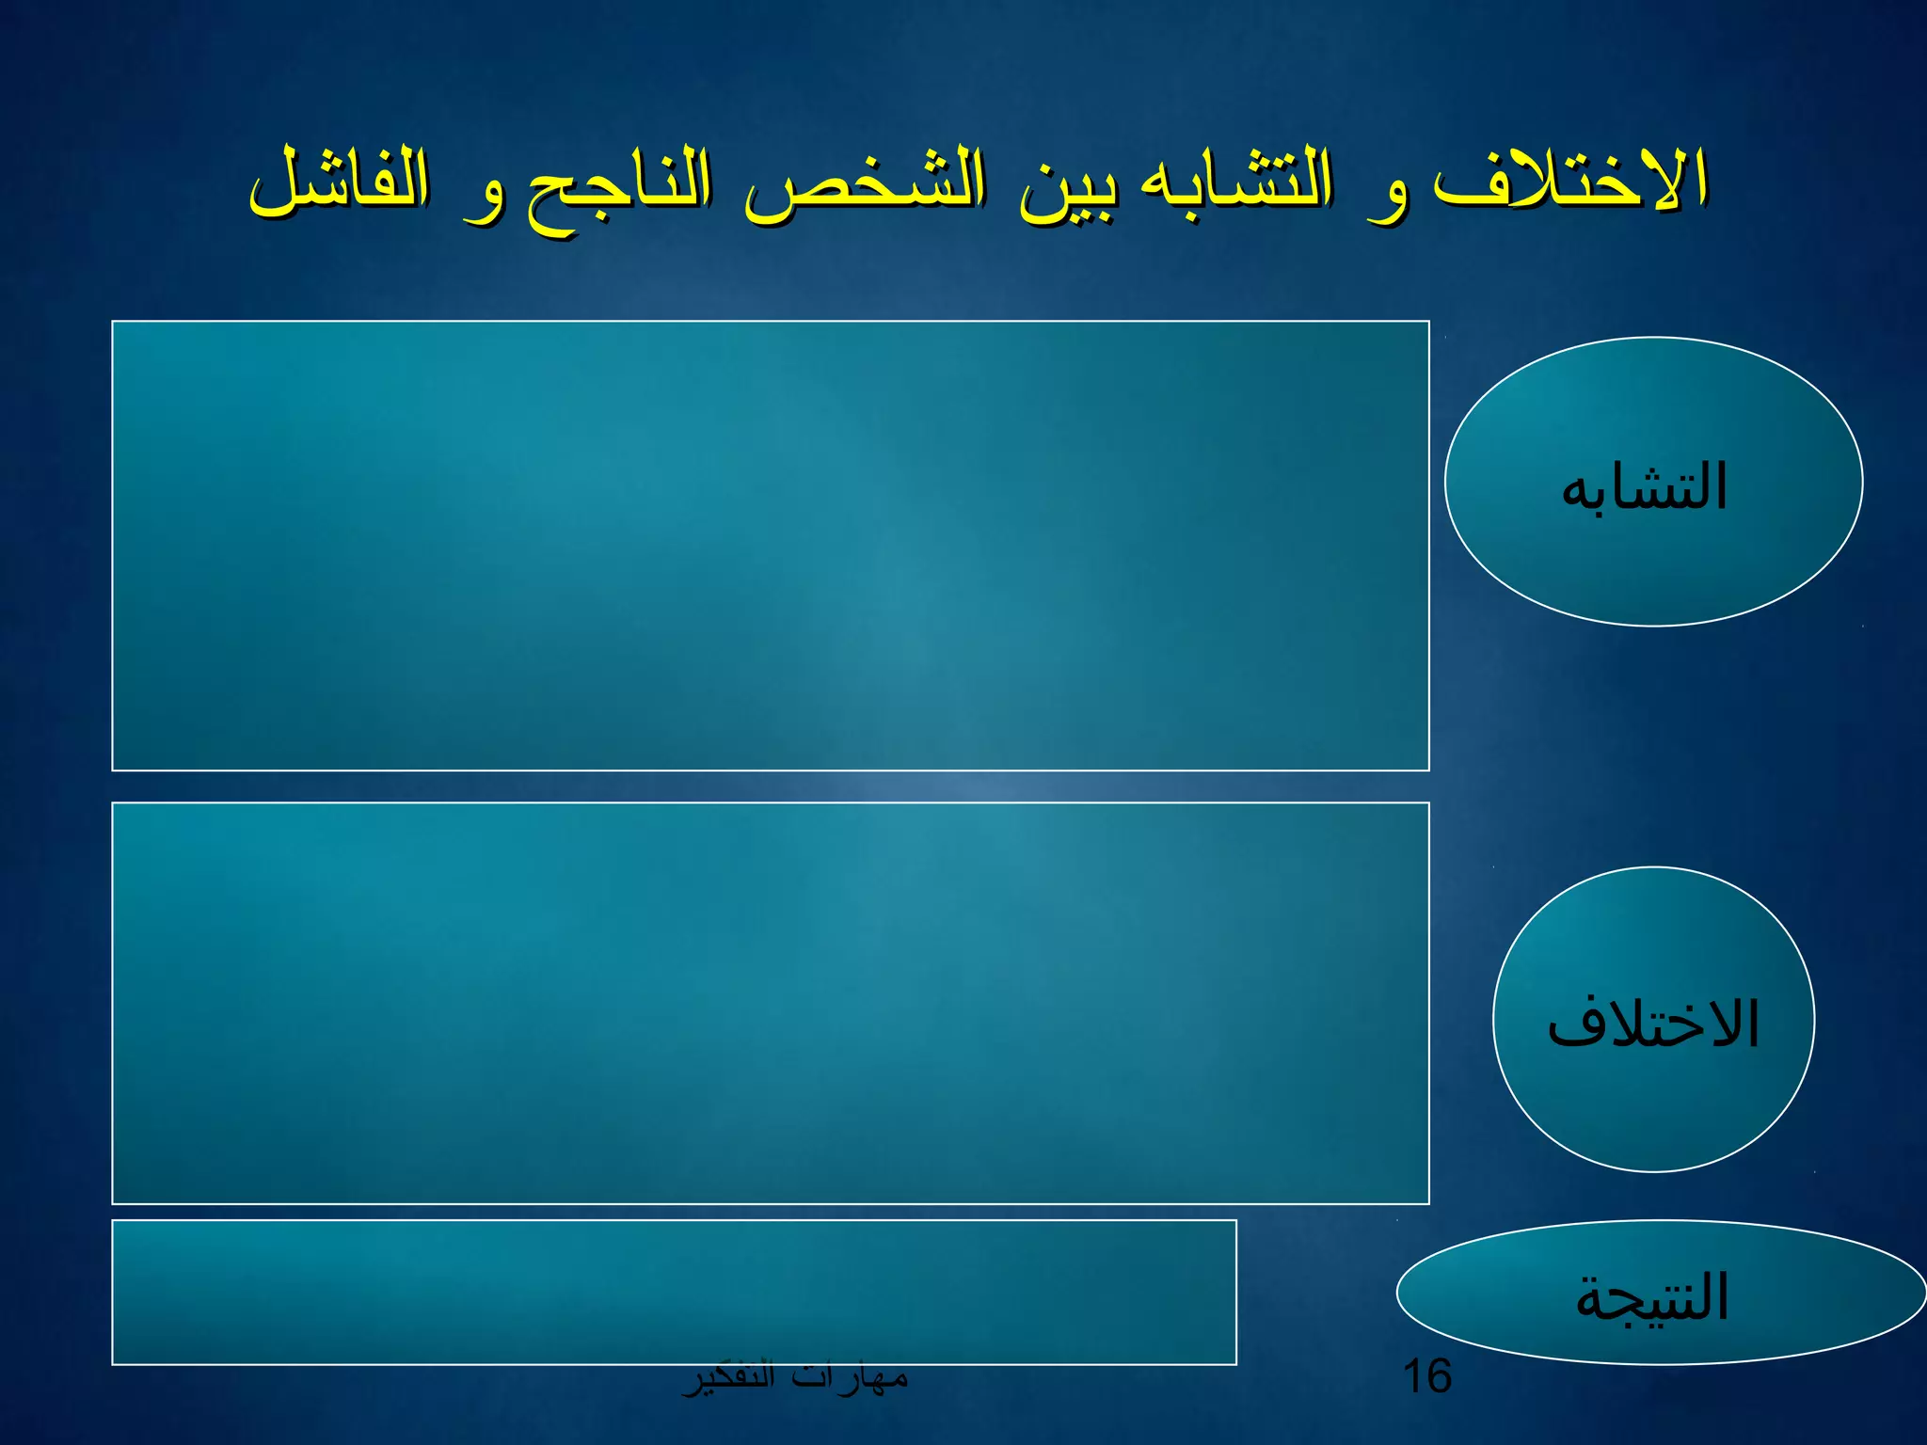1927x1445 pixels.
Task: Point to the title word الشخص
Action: [x=866, y=183]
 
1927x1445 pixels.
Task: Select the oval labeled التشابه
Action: [x=1653, y=482]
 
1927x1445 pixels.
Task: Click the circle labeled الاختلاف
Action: [x=1653, y=1020]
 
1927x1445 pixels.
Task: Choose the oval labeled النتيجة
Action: [x=1660, y=1293]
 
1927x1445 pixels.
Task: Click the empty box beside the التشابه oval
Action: [x=770, y=546]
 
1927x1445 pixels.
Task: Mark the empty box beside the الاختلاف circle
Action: [x=770, y=1003]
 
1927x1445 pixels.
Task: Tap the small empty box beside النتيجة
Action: [x=674, y=1292]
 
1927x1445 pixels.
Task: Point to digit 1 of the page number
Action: [x=1412, y=1376]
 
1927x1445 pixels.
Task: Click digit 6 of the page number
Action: [x=1439, y=1376]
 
